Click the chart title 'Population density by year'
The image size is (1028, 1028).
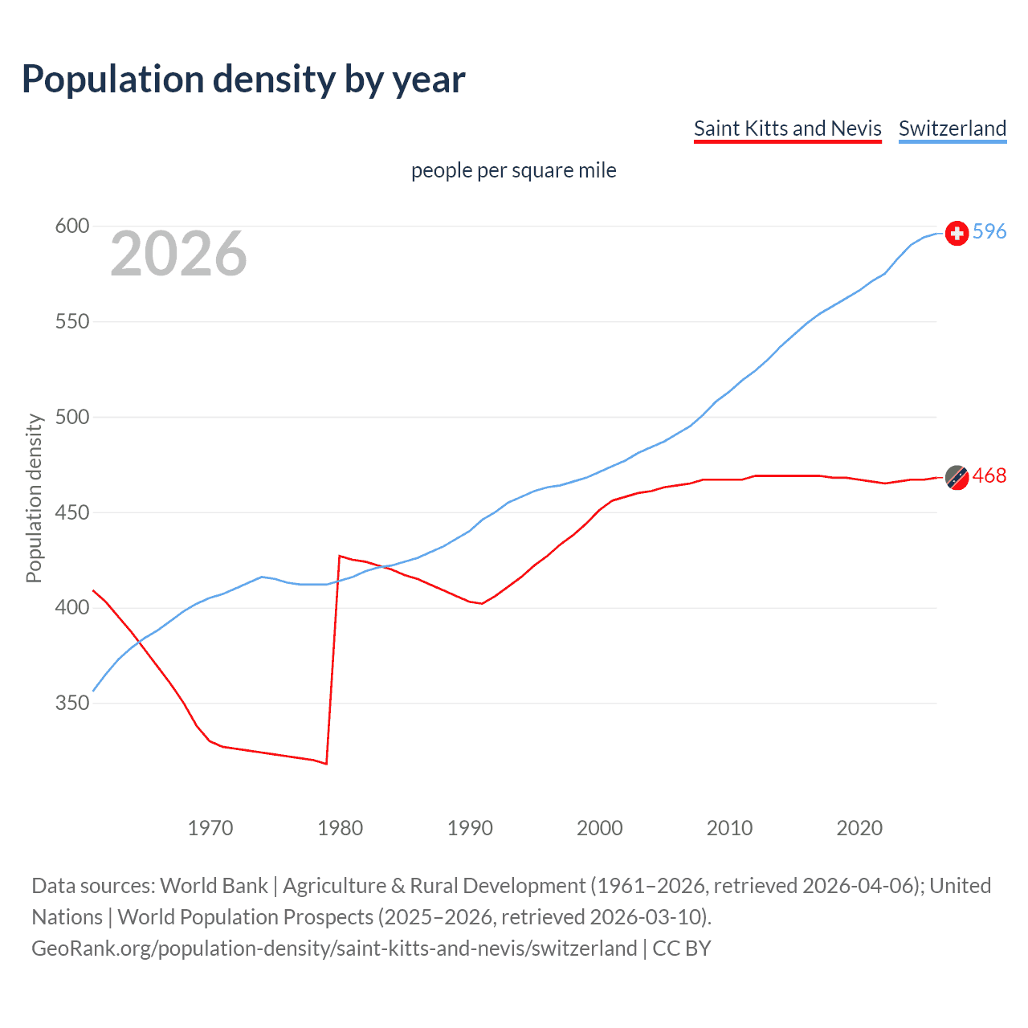click(x=243, y=80)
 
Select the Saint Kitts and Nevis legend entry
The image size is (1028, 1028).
click(x=787, y=128)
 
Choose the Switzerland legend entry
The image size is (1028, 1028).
click(x=952, y=128)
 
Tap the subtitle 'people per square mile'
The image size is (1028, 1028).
click(x=513, y=170)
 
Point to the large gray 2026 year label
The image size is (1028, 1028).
click(x=178, y=254)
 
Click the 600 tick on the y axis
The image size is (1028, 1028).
click(x=71, y=226)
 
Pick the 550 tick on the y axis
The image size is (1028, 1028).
click(x=71, y=321)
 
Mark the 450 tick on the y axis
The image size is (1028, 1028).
click(x=71, y=512)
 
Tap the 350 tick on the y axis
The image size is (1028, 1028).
click(x=71, y=703)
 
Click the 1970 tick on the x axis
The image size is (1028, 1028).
click(x=210, y=828)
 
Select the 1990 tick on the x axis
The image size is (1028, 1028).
click(x=470, y=828)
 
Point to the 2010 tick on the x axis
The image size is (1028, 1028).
click(x=729, y=828)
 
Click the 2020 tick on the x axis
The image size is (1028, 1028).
click(x=859, y=828)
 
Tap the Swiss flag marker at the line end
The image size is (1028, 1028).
click(x=957, y=233)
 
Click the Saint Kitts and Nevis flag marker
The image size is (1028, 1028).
click(x=957, y=477)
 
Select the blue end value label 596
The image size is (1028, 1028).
click(x=989, y=232)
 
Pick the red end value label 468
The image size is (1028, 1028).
click(x=989, y=476)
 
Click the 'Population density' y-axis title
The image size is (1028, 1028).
click(x=34, y=498)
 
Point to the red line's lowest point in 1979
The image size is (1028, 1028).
click(x=326, y=764)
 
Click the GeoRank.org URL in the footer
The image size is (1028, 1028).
click(x=334, y=948)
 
